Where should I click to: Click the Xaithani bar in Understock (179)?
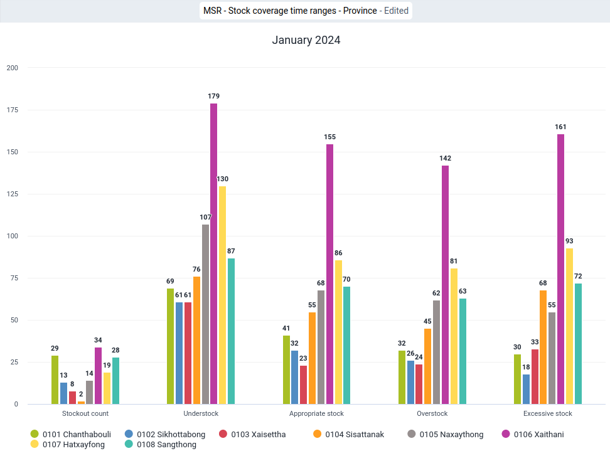tap(213, 254)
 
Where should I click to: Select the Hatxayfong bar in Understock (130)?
tap(222, 295)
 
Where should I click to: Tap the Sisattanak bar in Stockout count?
tap(81, 403)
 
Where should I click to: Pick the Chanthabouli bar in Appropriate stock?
tap(286, 369)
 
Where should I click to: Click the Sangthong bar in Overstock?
tap(463, 351)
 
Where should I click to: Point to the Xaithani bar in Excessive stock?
tap(560, 269)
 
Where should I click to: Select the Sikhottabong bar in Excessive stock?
tap(526, 389)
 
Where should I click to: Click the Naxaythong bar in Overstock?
tap(437, 353)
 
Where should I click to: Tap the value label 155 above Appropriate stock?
tap(329, 137)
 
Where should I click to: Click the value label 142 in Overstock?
tap(445, 158)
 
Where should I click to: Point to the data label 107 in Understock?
tap(205, 217)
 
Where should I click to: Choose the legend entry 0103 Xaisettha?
tap(252, 434)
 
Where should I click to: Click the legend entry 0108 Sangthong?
tap(160, 444)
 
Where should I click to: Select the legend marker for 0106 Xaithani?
tap(506, 434)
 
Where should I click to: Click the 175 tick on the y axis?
tap(13, 110)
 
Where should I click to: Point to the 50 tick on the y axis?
tap(14, 320)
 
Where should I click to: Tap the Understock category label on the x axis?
tap(201, 413)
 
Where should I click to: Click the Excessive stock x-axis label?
tap(547, 413)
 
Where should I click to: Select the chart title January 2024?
tap(306, 40)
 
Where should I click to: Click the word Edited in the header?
tap(396, 11)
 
